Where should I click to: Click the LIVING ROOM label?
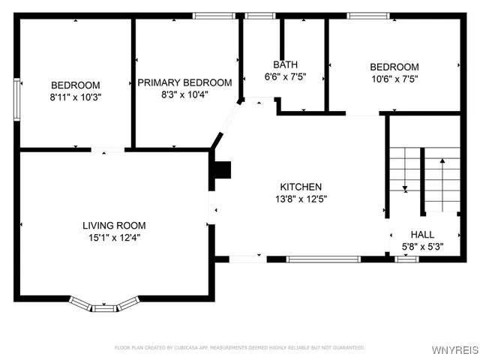point(114,225)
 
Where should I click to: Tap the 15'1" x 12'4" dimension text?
point(114,237)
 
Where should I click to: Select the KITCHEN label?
point(301,187)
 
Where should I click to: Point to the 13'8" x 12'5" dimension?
point(301,199)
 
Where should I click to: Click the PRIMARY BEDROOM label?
point(184,82)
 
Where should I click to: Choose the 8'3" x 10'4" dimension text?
point(184,94)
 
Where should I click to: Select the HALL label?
point(422,235)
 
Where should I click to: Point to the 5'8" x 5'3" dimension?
point(422,246)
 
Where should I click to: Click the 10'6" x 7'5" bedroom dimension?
point(394,79)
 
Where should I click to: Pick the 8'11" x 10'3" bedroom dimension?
point(75,97)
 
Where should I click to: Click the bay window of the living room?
point(105,304)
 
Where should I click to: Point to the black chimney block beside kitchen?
point(221,171)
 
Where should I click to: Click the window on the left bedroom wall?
point(16,97)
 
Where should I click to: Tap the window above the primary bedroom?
point(206,16)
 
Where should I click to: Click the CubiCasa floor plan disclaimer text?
point(240,348)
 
